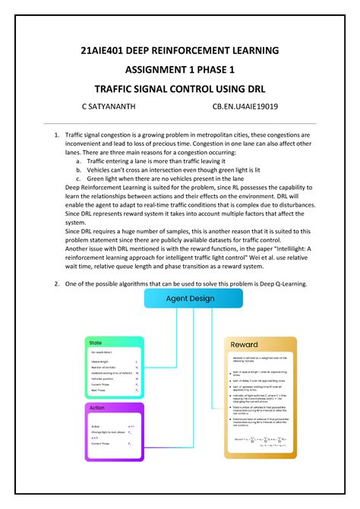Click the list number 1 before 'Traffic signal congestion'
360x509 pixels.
pos(56,134)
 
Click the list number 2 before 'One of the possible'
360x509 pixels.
pos(56,283)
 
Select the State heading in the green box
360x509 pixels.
pos(96,343)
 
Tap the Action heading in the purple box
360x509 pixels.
pos(97,408)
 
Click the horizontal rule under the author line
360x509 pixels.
pos(180,121)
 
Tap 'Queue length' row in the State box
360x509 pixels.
pos(100,362)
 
